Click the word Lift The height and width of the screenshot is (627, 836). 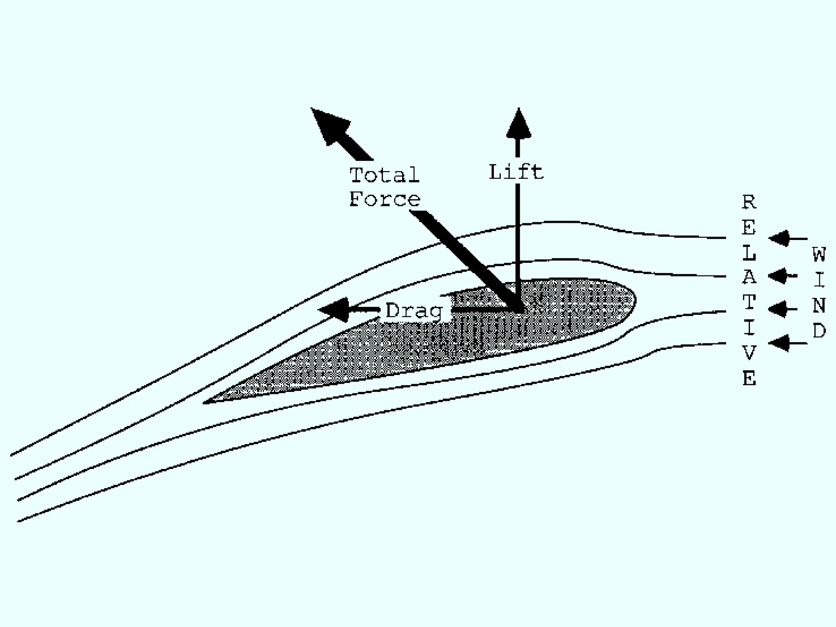(x=516, y=172)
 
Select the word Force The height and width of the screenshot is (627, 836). (x=385, y=199)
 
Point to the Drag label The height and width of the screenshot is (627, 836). (x=414, y=311)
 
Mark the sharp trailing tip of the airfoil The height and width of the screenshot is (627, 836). (x=205, y=402)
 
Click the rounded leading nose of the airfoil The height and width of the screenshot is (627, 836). (x=633, y=300)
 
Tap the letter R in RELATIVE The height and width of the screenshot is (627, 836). (x=749, y=202)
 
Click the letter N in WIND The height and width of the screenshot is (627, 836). (x=819, y=305)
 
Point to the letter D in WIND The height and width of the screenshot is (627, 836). (x=819, y=331)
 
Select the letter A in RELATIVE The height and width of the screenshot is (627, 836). (x=749, y=278)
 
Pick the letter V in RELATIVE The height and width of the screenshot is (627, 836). (x=749, y=353)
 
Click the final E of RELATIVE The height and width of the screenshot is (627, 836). (x=749, y=378)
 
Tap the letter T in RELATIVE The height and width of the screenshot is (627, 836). (x=749, y=302)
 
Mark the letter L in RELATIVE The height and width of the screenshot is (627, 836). (x=749, y=253)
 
